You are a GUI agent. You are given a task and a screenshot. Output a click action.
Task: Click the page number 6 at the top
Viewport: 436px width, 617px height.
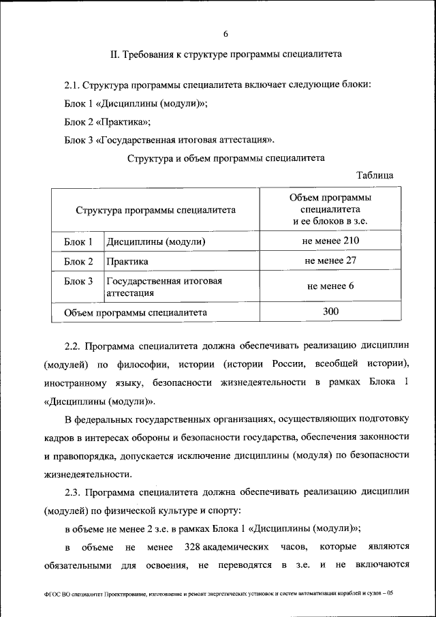point(225,34)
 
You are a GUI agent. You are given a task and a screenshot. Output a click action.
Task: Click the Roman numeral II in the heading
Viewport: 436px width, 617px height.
point(114,53)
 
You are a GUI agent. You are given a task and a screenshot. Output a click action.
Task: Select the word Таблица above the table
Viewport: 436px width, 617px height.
point(375,175)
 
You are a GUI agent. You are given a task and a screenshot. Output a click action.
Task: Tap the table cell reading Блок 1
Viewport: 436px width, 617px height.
point(78,242)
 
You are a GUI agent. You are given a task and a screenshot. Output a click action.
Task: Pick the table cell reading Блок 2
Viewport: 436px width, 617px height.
point(78,261)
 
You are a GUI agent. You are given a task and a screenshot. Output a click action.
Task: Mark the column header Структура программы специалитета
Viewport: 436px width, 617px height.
point(156,210)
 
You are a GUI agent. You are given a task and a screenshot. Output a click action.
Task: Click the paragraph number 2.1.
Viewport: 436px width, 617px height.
point(72,86)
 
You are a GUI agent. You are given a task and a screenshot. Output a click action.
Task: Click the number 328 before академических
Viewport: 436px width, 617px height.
point(195,547)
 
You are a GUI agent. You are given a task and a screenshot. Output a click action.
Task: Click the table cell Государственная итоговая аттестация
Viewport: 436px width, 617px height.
point(163,287)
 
